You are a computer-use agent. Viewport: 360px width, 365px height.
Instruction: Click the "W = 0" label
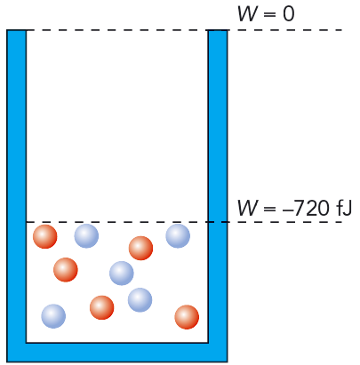pos(266,14)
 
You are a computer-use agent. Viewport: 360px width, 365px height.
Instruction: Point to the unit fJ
pos(344,208)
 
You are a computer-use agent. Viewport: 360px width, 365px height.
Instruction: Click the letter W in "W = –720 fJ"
pos(247,208)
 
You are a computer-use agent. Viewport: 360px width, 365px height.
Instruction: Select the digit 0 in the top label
pos(289,14)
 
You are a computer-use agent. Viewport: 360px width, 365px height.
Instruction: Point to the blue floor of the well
pos(117,353)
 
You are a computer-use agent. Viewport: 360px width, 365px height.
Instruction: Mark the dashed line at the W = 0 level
pos(175,30)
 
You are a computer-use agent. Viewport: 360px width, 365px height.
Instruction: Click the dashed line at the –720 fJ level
pos(184,222)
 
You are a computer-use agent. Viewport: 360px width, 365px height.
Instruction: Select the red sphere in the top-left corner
pos(45,236)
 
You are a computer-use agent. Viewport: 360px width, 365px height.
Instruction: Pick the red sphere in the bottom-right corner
pos(187,317)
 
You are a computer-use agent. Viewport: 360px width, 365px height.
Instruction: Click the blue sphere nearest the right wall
pos(178,236)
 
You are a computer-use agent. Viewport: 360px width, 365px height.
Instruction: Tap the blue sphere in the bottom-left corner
pos(53,316)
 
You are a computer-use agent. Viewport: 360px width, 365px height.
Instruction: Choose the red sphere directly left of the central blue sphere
pos(66,270)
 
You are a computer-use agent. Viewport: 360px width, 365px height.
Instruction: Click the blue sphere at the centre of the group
pos(122,274)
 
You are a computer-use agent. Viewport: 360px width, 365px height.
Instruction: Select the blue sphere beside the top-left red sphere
pos(86,236)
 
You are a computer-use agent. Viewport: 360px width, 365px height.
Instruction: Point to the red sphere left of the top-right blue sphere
pos(140,248)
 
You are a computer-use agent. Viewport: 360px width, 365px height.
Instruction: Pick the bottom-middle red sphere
pos(102,307)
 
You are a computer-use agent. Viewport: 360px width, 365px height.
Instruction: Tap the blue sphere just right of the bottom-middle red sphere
pos(140,300)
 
